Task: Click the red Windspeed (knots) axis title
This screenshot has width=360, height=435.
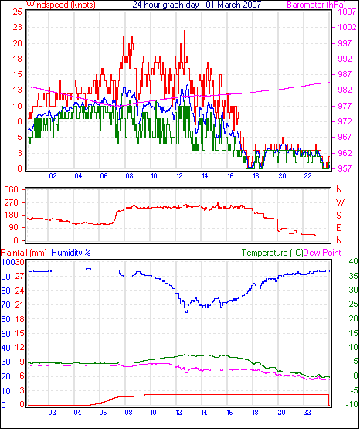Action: tap(61, 5)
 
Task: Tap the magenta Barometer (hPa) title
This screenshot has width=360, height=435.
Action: tap(317, 5)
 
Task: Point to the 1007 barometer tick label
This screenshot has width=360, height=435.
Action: tap(347, 12)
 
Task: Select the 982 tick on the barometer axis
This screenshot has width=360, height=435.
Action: tap(345, 90)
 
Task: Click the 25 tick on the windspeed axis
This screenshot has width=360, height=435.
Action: tap(17, 12)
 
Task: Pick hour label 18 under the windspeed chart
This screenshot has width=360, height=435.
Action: tap(256, 176)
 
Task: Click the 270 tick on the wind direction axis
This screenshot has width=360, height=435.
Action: tap(12, 202)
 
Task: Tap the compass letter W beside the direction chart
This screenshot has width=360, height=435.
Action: tap(341, 202)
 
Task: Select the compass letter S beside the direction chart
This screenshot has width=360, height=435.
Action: tap(338, 216)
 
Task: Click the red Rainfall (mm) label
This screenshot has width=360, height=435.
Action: tap(24, 253)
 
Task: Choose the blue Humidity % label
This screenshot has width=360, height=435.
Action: tap(71, 253)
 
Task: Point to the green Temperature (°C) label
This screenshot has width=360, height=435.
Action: tap(272, 253)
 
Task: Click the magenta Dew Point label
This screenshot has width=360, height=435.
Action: tap(322, 253)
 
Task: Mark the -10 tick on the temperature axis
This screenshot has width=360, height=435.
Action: tap(352, 404)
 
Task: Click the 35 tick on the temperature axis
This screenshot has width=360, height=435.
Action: tap(354, 276)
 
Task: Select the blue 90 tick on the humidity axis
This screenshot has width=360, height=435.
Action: tap(6, 277)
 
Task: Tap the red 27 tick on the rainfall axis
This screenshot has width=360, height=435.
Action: tap(19, 277)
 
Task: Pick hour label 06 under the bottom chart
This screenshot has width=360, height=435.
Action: tap(103, 413)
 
